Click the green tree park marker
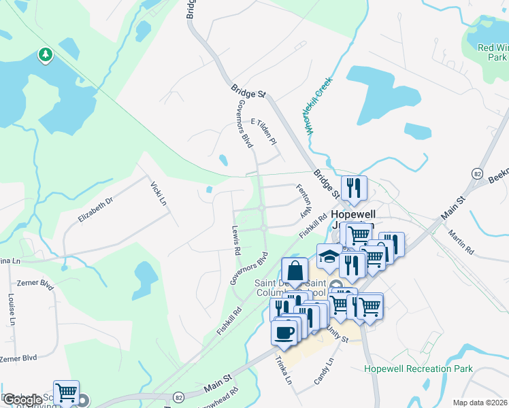(x=46, y=54)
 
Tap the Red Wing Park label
(x=493, y=52)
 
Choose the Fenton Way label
(x=303, y=201)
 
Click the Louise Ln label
(x=12, y=307)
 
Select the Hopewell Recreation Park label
(x=418, y=369)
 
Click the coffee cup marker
(x=284, y=333)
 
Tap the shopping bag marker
(x=295, y=271)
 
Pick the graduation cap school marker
(x=329, y=256)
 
